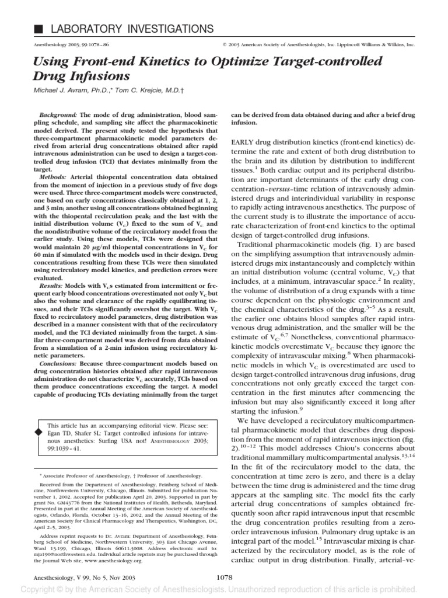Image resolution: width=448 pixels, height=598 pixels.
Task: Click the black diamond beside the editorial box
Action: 39,431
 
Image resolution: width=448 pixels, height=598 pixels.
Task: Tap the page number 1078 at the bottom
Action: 223,578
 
